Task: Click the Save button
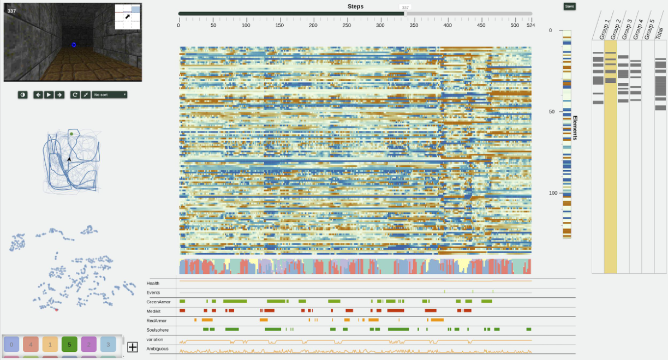[x=569, y=6]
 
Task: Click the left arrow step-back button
[x=38, y=94]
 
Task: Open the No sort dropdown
[x=109, y=94]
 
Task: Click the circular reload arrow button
[x=75, y=94]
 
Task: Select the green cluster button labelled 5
[x=69, y=344]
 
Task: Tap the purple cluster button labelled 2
[x=89, y=344]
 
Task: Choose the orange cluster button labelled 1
[x=50, y=344]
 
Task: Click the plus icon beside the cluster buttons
[x=133, y=346]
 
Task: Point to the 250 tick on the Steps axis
[x=347, y=25]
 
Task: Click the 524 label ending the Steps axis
[x=530, y=25]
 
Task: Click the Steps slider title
[x=355, y=7]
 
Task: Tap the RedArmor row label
[x=157, y=321]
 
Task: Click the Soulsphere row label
[x=158, y=330]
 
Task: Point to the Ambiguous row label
[x=158, y=349]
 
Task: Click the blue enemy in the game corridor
[x=74, y=45]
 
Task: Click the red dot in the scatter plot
[x=56, y=310]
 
